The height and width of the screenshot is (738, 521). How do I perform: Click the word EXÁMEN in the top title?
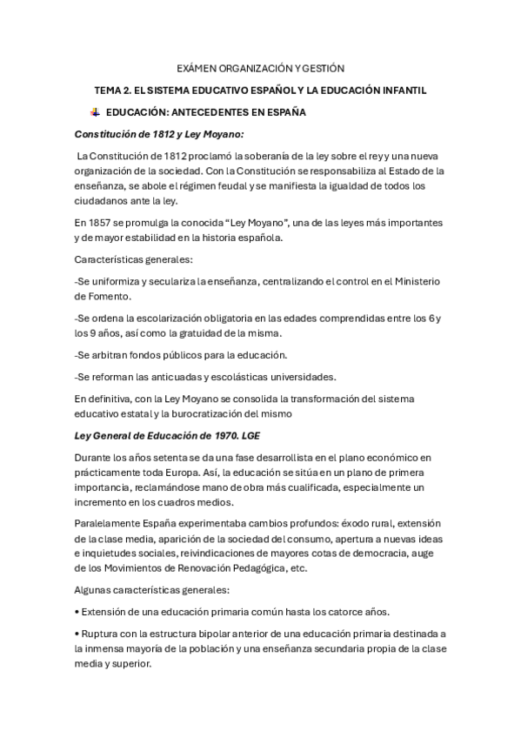point(197,67)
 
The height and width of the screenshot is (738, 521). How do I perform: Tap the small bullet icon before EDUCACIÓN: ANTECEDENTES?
point(95,112)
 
